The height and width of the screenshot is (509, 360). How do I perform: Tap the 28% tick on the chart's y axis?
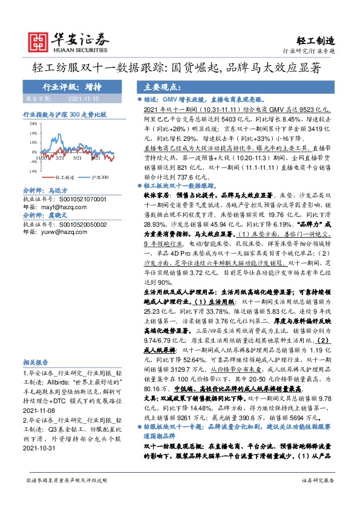pos(31,122)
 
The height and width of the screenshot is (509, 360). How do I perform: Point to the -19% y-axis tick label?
pos(31,171)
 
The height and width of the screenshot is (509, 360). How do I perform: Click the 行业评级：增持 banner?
pos(72,86)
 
